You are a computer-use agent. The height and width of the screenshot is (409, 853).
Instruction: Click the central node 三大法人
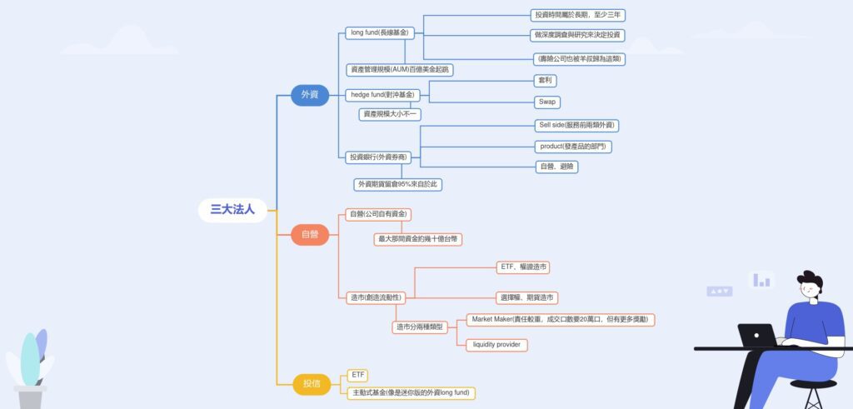coord(232,210)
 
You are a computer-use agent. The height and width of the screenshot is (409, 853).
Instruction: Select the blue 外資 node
coord(310,95)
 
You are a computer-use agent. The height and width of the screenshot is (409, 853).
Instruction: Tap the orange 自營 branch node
coord(310,234)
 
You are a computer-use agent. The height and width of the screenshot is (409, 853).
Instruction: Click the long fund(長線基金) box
coord(380,33)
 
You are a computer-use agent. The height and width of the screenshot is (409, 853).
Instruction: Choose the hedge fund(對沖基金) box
coord(382,95)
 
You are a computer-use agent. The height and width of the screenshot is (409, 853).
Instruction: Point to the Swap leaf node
coord(546,102)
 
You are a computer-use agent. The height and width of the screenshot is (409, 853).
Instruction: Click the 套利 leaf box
coord(546,81)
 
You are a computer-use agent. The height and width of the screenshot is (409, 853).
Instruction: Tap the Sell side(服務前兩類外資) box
coord(577,125)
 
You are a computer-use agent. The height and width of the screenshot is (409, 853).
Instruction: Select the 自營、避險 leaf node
coord(557,167)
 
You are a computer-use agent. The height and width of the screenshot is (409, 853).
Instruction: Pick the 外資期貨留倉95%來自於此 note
coord(397,184)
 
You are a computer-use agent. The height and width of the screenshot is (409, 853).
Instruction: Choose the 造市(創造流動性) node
coord(376,297)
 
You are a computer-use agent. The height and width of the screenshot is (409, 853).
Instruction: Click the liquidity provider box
coord(496,345)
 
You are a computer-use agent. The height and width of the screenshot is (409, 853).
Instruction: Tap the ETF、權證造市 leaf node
coord(523,267)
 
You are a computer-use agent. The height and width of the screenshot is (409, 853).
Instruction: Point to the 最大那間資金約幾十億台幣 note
coord(417,239)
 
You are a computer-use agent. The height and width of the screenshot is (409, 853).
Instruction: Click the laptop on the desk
coord(756,336)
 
